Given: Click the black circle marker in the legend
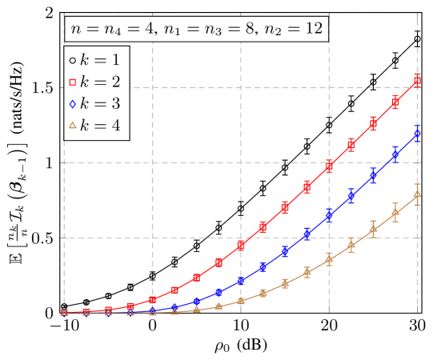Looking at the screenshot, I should tap(72, 60).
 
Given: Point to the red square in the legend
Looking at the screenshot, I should tap(72, 82).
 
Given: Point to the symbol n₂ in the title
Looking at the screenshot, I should tap(276, 31).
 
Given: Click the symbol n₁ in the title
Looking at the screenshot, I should tap(174, 31).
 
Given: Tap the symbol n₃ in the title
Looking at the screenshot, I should tap(214, 31).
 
